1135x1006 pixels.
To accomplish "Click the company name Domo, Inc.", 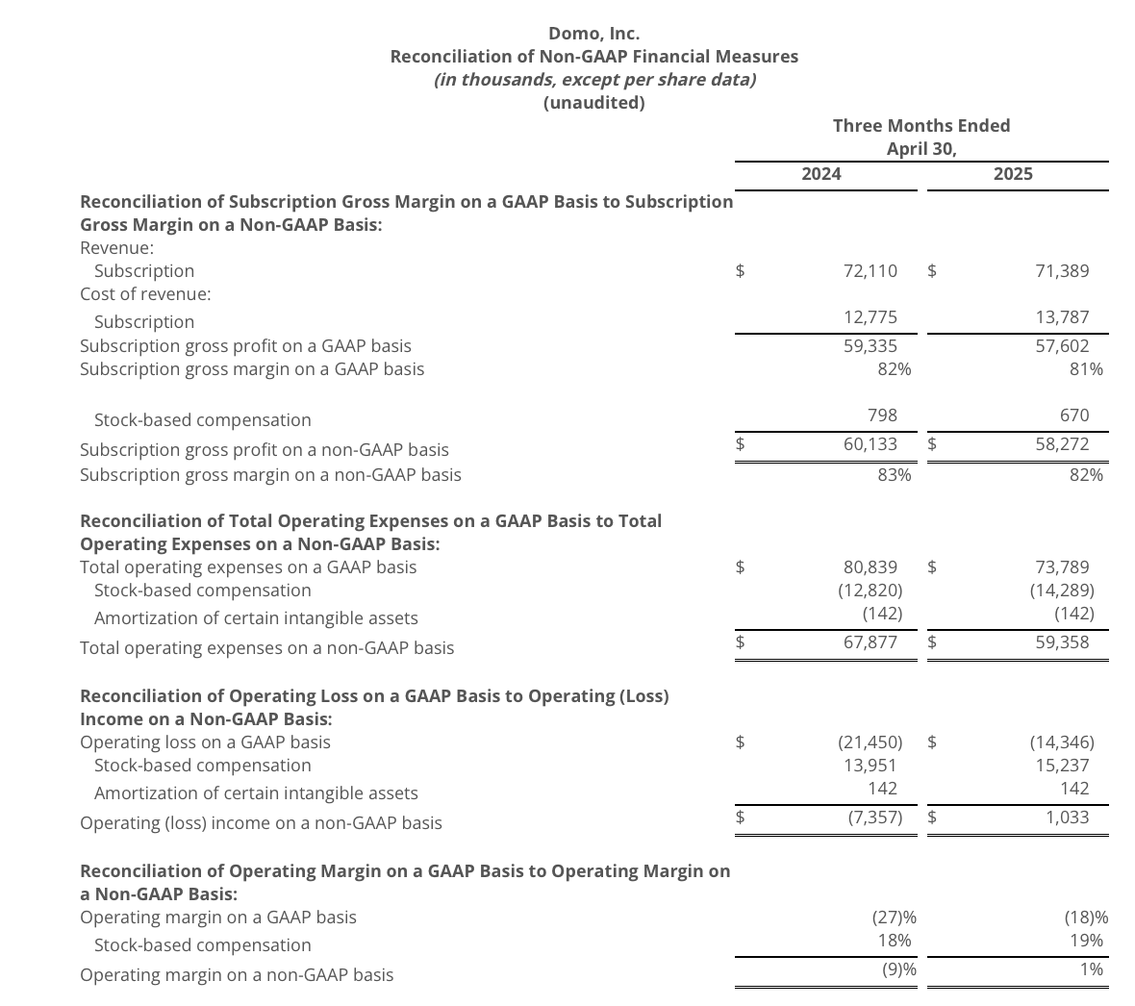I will tap(593, 34).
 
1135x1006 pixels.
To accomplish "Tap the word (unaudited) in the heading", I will tap(593, 102).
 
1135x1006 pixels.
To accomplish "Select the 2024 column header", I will tap(820, 173).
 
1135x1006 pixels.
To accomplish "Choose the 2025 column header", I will tap(1013, 173).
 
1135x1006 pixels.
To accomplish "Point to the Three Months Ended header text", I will tap(921, 125).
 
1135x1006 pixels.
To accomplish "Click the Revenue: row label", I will tap(116, 247).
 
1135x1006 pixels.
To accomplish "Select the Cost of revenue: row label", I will tap(145, 293).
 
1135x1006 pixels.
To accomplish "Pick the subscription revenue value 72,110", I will tap(870, 270).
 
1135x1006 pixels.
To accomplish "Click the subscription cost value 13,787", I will tap(1062, 316).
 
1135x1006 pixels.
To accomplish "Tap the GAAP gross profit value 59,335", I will tap(870, 344).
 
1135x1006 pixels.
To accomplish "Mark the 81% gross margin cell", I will tap(1086, 368).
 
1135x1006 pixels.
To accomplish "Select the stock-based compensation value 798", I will tap(881, 415).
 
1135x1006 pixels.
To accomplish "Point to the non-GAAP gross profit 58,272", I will tap(1062, 443).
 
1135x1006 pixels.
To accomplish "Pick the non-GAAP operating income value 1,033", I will tap(1067, 817).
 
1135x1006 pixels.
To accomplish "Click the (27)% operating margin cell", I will tap(894, 917).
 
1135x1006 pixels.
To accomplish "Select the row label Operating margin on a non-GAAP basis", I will tap(237, 974).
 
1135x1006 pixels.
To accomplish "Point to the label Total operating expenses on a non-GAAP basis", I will tap(266, 647).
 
